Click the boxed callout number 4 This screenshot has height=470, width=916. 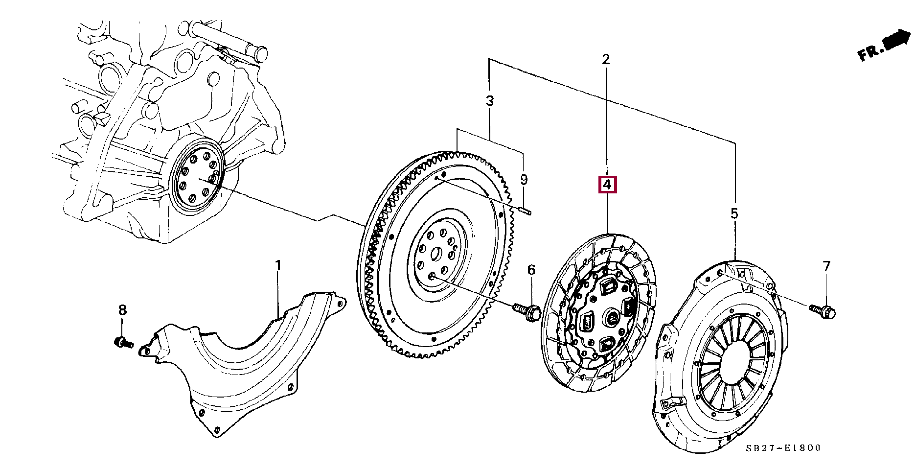point(607,185)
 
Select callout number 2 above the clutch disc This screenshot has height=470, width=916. point(606,59)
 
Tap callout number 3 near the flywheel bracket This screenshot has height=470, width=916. point(490,101)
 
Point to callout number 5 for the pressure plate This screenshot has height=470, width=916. point(734,213)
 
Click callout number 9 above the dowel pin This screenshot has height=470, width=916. point(524,180)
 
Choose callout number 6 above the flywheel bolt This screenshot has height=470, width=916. point(531,270)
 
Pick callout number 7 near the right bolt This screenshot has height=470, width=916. point(826,266)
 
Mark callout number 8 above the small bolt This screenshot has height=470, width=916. point(122,310)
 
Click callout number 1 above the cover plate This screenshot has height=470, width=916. point(278,265)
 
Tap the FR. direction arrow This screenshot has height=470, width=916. point(884,46)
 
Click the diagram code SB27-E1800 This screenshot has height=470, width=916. point(783,448)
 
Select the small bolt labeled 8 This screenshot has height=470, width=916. point(123,342)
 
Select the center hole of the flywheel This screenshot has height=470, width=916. point(436,255)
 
